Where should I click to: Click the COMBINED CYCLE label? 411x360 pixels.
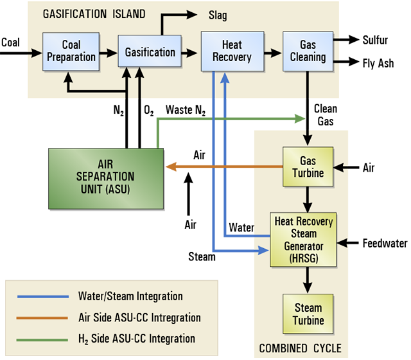(x=301, y=348)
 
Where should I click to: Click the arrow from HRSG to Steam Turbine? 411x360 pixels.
(x=308, y=278)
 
